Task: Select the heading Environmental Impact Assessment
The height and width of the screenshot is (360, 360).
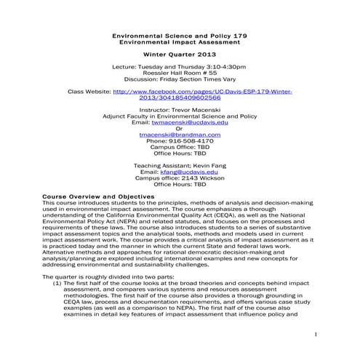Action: tap(179, 43)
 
